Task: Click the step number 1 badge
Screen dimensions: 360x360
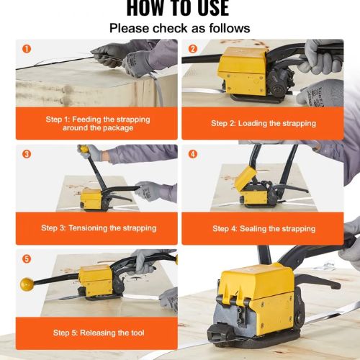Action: [x=27, y=49]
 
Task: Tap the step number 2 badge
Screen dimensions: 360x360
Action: [x=193, y=49]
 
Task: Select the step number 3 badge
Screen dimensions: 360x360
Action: [x=27, y=154]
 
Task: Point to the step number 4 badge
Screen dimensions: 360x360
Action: [x=193, y=154]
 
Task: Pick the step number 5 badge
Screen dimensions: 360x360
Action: [x=27, y=258]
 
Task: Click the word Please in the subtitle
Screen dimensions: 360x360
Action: [x=130, y=28]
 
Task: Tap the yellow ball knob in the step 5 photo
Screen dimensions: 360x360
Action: [x=27, y=284]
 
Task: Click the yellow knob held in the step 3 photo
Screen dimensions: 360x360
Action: [x=84, y=149]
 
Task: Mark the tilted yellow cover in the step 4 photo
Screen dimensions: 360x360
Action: [x=246, y=178]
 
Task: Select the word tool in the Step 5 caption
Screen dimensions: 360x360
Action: [x=138, y=333]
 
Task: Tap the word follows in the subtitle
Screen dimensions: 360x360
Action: [x=230, y=28]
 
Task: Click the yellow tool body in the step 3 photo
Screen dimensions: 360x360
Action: [x=91, y=199]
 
